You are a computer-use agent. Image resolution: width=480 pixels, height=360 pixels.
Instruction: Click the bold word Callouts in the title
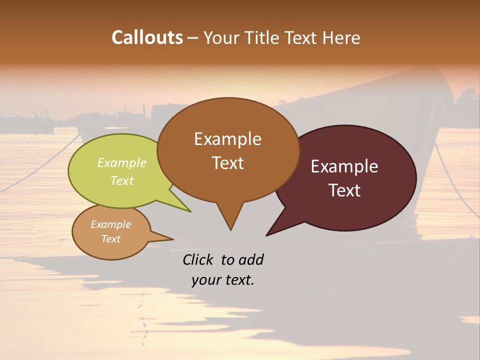click(x=147, y=37)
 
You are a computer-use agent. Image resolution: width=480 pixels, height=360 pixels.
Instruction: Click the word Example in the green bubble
click(x=122, y=162)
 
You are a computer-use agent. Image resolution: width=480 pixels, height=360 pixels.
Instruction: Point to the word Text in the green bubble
click(x=122, y=180)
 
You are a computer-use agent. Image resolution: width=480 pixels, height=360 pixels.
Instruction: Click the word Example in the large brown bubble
click(x=227, y=139)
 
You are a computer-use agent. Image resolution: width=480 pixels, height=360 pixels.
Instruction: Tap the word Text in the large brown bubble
click(x=227, y=163)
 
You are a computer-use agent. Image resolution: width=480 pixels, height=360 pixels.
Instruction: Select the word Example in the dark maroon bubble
click(x=344, y=166)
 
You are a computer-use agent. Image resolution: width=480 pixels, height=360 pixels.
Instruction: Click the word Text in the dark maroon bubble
click(x=344, y=190)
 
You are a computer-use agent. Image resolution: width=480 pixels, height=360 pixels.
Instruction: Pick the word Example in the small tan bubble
click(x=110, y=224)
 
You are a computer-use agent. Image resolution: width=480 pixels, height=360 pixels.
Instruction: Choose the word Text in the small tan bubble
click(x=110, y=239)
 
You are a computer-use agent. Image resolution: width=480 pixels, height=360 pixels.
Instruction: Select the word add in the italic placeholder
click(x=251, y=259)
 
